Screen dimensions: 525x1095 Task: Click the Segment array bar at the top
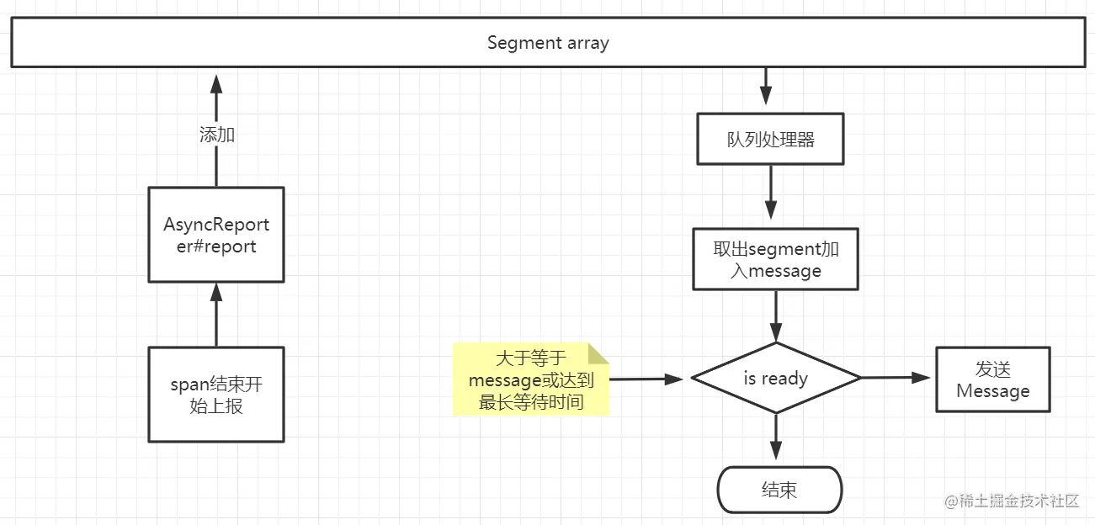(x=547, y=43)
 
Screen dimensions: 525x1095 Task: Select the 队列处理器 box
(x=770, y=140)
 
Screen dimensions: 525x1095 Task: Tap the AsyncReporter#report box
(x=216, y=235)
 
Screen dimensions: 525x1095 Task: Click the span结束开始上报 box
(x=216, y=395)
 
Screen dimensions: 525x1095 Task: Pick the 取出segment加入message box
(x=775, y=259)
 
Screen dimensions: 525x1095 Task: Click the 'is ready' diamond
(x=775, y=379)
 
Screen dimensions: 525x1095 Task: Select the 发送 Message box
(x=993, y=379)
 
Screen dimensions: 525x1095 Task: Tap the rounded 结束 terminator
(x=779, y=490)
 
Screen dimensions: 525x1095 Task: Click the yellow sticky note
(x=530, y=379)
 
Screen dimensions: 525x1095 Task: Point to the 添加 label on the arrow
(x=216, y=135)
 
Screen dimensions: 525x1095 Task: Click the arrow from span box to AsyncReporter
(x=216, y=315)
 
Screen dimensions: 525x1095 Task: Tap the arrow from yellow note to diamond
(x=646, y=379)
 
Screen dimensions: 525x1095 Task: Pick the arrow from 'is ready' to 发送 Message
(x=897, y=378)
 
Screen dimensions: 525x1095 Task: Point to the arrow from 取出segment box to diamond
(x=776, y=316)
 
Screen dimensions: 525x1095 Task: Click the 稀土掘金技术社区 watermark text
(x=1012, y=501)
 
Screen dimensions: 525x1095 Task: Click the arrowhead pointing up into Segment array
(x=216, y=82)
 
